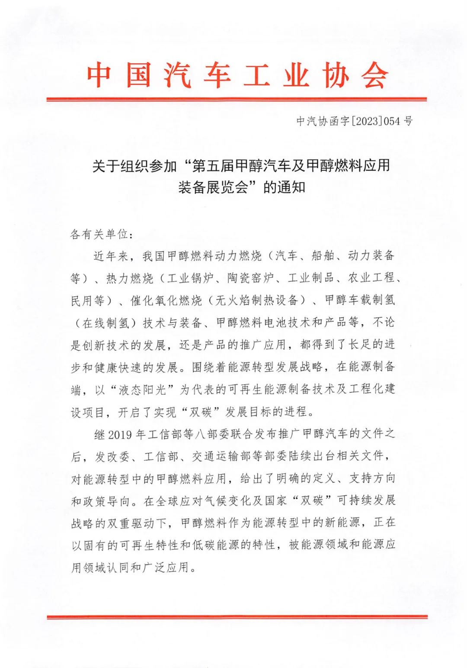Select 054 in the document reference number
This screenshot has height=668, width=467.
coord(392,121)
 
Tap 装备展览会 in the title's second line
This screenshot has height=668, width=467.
coord(212,187)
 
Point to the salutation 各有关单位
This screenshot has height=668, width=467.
coord(99,234)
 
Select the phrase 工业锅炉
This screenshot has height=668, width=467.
coord(190,278)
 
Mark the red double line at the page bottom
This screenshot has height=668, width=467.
coord(237,617)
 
